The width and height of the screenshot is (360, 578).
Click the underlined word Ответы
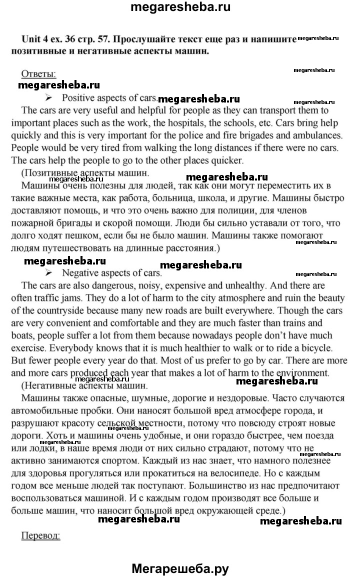pos(38,74)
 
